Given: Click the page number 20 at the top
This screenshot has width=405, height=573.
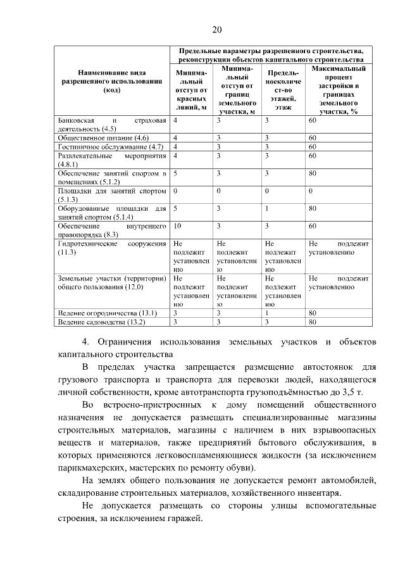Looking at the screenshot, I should tap(217, 30).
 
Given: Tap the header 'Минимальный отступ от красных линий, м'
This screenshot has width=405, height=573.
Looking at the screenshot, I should tap(190, 89).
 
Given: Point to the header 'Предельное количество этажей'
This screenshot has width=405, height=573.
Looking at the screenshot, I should tap(283, 89).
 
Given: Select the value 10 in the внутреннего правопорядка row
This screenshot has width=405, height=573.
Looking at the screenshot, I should tap(177, 225).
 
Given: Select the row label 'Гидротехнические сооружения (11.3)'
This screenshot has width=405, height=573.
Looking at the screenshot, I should tap(111, 248).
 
